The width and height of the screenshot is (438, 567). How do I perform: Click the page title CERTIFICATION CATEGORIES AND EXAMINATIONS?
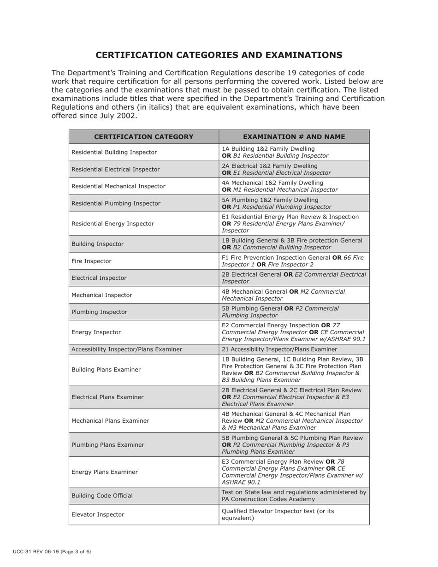coord(219,55)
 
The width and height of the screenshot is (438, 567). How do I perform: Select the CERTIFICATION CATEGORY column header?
coord(144,137)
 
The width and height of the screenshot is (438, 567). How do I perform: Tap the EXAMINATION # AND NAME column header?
coord(294,137)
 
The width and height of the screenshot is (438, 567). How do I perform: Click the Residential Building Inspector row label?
coord(114,152)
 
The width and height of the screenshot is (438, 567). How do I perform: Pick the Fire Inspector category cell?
coord(91,261)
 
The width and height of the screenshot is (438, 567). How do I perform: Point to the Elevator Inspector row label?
coord(98,514)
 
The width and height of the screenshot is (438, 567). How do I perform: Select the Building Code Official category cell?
coord(102,496)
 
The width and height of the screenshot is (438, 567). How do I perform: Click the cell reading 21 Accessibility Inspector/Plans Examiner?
coord(279,349)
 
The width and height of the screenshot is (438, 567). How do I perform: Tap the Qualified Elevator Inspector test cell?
coord(278,514)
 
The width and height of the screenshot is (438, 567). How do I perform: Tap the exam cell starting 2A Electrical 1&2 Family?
coord(276,169)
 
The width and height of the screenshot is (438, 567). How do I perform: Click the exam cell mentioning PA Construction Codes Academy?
coord(294,496)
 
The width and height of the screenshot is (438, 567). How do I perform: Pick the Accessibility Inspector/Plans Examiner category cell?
coord(127,349)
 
